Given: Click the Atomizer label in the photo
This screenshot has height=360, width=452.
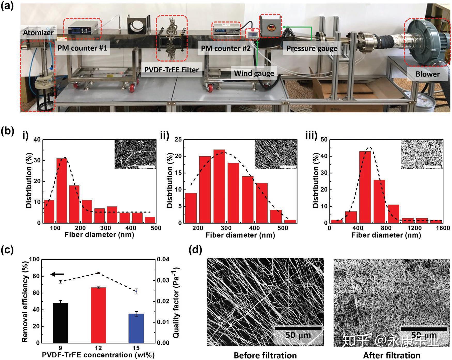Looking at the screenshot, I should (x=38, y=33).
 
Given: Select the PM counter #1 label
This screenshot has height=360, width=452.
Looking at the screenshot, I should (x=82, y=48).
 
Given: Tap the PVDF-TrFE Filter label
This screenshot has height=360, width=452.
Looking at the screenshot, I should (x=172, y=70).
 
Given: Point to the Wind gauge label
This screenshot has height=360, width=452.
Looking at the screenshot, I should (x=254, y=73).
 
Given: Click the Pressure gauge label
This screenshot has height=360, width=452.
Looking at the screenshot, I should (x=312, y=49).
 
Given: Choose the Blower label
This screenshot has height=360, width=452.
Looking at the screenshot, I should (x=427, y=74).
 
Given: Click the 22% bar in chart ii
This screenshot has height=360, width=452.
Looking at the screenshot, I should (x=219, y=186).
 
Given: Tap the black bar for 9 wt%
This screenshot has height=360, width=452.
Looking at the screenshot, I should (x=60, y=323).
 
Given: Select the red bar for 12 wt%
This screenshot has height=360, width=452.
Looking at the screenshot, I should (x=98, y=315).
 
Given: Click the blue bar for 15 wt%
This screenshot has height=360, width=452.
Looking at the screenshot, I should (x=136, y=328).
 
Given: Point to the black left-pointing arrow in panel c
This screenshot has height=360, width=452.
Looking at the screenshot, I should (x=57, y=274).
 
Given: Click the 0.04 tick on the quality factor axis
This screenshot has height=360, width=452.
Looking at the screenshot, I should (x=163, y=260).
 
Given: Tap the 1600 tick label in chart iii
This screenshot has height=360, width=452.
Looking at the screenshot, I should (x=443, y=228).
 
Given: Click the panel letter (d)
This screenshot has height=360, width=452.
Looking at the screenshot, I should (x=196, y=250).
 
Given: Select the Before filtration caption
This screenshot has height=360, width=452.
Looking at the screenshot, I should (x=265, y=356).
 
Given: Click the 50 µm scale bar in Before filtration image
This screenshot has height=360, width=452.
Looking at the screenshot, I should (x=298, y=328).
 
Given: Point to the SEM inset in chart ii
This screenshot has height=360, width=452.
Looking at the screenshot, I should (x=276, y=154).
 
